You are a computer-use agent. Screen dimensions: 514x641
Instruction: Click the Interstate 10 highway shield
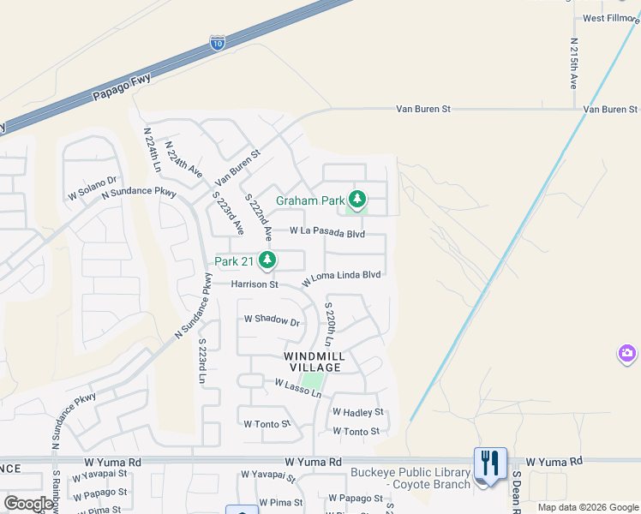(x=218, y=43)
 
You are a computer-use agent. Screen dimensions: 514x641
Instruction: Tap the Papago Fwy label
(x=122, y=89)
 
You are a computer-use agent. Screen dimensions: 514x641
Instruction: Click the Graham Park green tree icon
(x=356, y=200)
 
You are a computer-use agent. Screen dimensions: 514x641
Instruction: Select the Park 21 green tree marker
(x=268, y=260)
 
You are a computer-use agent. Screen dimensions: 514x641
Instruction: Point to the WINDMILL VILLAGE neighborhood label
(x=315, y=362)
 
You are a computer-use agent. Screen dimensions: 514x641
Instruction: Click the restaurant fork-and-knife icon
(x=490, y=464)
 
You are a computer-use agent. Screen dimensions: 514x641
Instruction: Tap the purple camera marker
(x=627, y=353)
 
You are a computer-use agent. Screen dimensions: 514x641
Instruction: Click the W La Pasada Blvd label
(x=327, y=231)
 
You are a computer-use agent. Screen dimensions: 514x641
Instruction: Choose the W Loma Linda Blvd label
(x=341, y=276)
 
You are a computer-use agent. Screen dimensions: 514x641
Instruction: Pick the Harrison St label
(x=255, y=284)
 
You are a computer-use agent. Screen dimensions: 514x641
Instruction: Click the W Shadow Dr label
(x=272, y=321)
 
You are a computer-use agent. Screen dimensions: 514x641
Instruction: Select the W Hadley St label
(x=357, y=412)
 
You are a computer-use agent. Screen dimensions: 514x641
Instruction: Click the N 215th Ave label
(x=574, y=63)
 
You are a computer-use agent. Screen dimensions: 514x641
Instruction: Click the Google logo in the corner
(x=28, y=504)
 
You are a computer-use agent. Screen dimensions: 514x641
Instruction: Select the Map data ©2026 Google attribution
(x=588, y=507)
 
